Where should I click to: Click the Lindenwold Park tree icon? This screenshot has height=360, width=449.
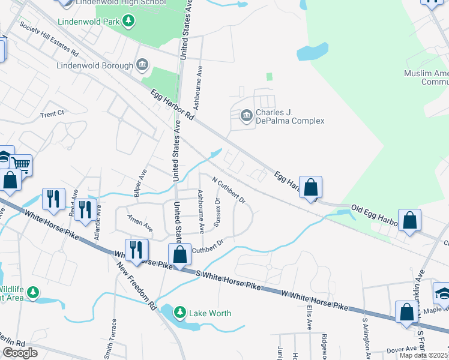(x=128, y=22)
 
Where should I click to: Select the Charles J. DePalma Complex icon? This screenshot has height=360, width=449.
(x=246, y=116)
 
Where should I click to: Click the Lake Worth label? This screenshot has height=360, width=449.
(x=210, y=313)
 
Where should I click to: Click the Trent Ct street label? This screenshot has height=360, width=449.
(x=52, y=113)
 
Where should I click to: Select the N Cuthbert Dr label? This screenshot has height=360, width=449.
(x=229, y=189)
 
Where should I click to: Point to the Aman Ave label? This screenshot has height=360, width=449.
(x=140, y=222)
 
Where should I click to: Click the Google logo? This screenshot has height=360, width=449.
(x=20, y=353)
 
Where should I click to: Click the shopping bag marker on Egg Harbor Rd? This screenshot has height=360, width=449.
(x=310, y=187)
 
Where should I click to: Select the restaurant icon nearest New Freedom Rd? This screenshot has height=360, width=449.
(x=136, y=249)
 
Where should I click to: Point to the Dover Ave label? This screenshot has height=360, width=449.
(x=402, y=349)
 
